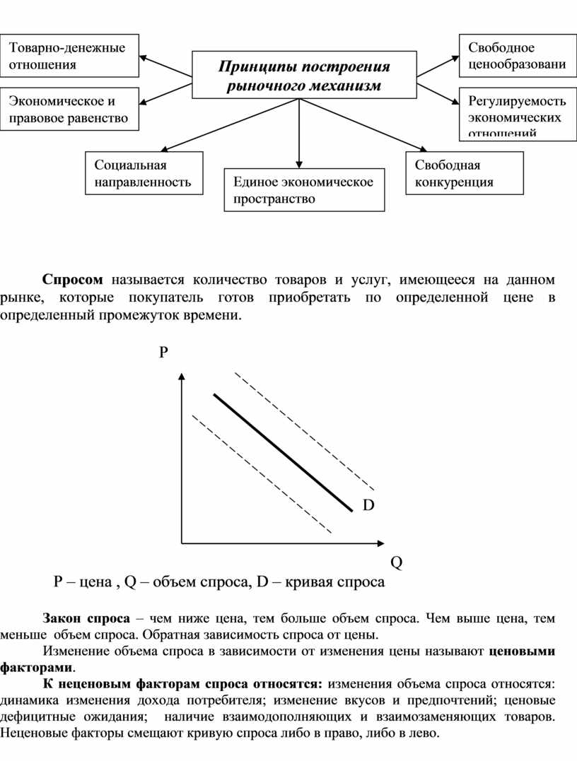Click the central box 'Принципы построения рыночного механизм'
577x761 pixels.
coord(304,76)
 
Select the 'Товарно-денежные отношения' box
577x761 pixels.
coord(69,56)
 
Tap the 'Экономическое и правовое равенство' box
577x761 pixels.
coord(69,110)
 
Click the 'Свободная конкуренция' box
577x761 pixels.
coord(465,173)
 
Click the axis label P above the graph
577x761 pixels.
coord(163,353)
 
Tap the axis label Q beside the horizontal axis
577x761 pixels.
coord(396,562)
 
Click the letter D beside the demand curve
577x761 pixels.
coord(368,505)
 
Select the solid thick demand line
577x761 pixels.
coord(283,452)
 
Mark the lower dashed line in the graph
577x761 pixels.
coord(262,474)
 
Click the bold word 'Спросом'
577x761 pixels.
coord(72,280)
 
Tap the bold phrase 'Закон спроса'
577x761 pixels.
coord(85,618)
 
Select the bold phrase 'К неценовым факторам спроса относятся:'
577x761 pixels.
coord(183,683)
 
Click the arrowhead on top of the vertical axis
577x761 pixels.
coord(182,376)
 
